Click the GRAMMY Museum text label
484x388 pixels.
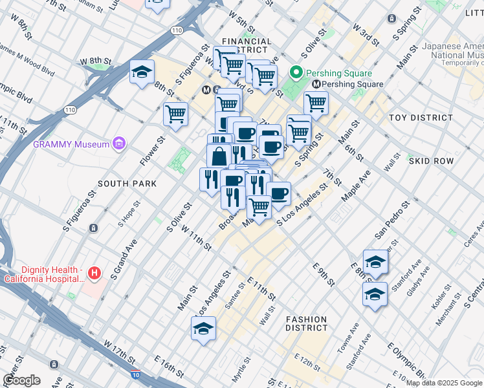pos(71,144)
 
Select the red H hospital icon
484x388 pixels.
pos(95,274)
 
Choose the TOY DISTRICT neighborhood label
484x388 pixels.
pos(421,118)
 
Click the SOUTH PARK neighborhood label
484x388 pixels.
pos(128,184)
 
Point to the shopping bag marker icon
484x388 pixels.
pos(219,156)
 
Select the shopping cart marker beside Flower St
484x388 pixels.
pos(175,114)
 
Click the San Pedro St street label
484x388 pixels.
pos(392,220)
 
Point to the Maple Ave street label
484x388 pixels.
pos(360,186)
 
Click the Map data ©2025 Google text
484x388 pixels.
pos(444,383)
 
